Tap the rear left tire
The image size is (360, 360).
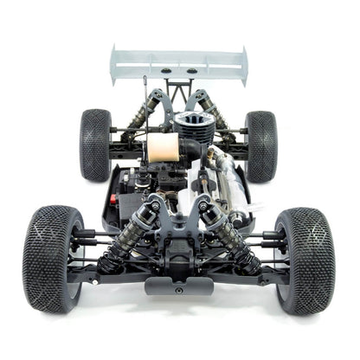tap(94, 144)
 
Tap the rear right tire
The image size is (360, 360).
tap(260, 144)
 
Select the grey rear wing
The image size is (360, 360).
tap(179, 63)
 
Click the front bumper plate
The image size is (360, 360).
tap(179, 285)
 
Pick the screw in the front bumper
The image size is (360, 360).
tap(179, 289)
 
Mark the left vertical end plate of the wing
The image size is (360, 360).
tap(113, 65)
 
